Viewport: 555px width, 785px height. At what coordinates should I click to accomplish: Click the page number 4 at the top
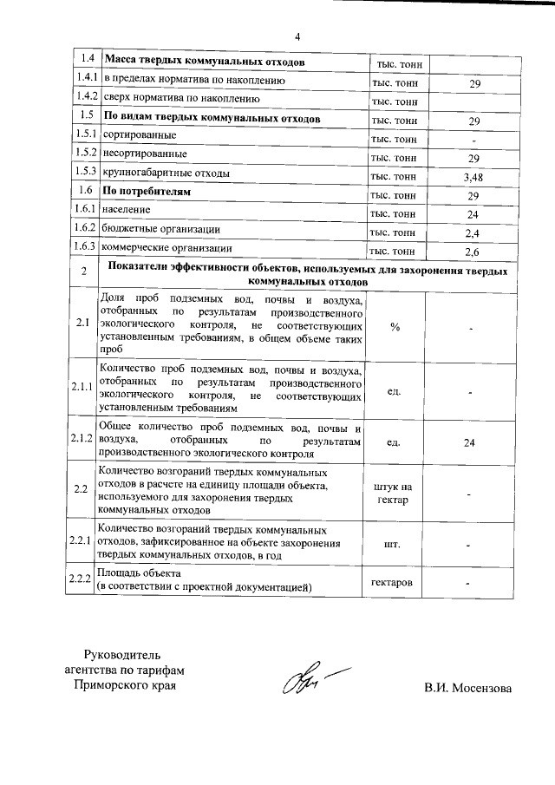(297, 36)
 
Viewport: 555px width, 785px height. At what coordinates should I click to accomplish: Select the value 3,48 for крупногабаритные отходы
(473, 177)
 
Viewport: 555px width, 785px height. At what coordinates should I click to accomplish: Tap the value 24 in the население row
(473, 214)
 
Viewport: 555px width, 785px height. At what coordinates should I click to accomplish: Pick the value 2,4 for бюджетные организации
(473, 233)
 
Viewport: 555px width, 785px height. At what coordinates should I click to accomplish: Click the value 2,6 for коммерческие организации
(473, 252)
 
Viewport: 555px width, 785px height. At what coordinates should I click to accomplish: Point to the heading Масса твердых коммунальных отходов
(204, 63)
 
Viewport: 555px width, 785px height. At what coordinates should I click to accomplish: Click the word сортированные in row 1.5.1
(140, 137)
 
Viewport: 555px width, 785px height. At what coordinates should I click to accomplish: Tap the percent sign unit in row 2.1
(395, 327)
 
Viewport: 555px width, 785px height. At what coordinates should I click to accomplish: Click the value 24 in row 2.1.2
(470, 443)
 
